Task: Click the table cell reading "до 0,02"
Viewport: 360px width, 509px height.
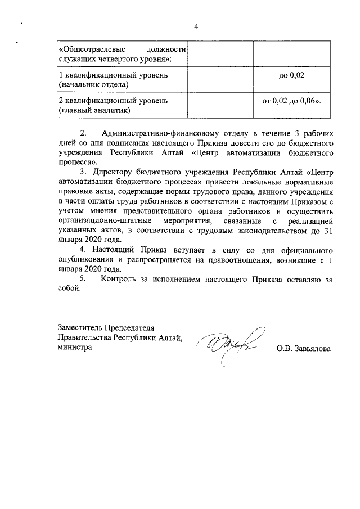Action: (x=291, y=74)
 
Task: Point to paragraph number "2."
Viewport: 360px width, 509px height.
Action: (x=85, y=134)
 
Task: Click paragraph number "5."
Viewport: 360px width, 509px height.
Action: (x=85, y=279)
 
